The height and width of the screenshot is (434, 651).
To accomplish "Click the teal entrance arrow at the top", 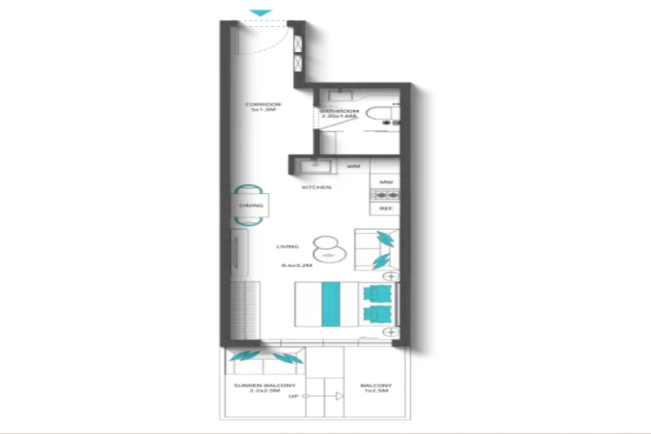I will click(260, 12).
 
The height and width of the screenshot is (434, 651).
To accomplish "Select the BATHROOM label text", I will click(334, 110).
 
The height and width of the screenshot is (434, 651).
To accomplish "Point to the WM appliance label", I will click(353, 166).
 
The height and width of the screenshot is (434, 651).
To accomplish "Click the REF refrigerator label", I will click(386, 209).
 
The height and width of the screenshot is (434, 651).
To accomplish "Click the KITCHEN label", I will click(317, 187).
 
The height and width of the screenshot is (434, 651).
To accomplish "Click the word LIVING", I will click(287, 246).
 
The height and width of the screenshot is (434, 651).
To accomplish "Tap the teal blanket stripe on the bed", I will click(330, 305).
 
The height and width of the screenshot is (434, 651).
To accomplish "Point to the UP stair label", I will click(293, 397).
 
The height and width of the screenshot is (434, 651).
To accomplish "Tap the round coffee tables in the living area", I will click(323, 248).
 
